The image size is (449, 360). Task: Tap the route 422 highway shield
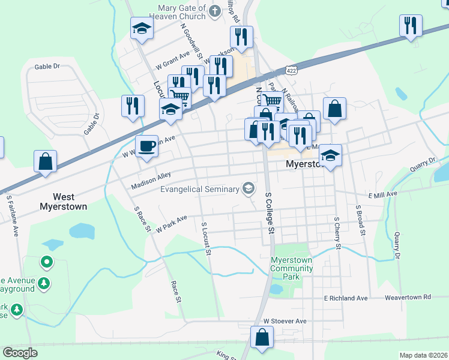(291, 70)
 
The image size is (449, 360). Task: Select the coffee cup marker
(146, 146)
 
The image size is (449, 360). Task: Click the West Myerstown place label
(63, 202)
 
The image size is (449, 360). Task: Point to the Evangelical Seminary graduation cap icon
(248, 189)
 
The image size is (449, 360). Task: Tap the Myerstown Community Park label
(291, 264)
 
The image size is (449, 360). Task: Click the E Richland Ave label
(345, 298)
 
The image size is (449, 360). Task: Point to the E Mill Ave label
(383, 194)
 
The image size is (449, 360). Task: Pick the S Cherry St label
(337, 233)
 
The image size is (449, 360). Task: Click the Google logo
(20, 353)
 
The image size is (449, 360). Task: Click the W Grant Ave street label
(172, 60)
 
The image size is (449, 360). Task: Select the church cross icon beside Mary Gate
(215, 10)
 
